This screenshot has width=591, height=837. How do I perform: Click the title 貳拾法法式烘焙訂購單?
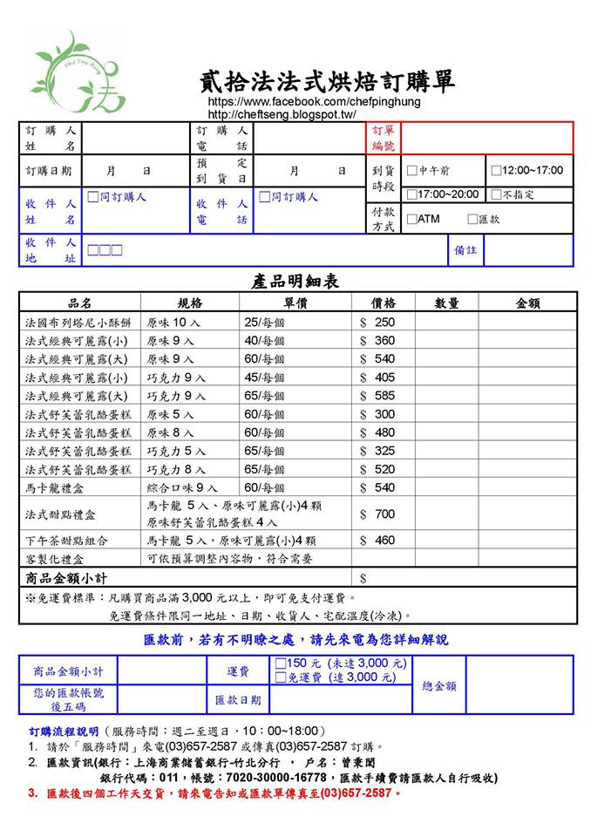327,83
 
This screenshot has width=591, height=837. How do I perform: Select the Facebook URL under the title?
314,102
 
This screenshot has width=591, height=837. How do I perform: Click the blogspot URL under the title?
282,114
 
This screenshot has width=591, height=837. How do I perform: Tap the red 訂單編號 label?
384,138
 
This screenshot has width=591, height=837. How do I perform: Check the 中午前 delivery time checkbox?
412,171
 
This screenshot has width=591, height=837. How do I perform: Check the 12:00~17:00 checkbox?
496,171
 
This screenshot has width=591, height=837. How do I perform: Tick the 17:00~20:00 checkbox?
412,194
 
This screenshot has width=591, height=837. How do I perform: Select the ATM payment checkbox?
412,220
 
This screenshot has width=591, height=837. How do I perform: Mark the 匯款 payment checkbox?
472,220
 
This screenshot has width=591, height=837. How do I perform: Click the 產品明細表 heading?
295,282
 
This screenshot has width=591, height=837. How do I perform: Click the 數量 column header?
447,303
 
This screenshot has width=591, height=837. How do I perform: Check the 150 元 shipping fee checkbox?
281,663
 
